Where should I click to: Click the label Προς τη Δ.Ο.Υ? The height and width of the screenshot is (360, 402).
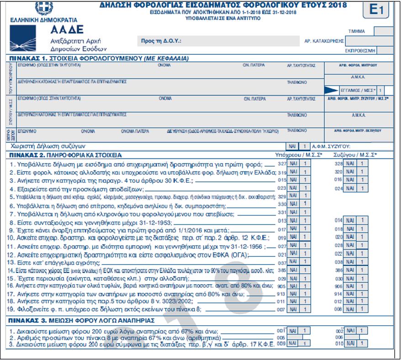162,41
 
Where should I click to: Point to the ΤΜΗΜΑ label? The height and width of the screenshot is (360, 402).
356,31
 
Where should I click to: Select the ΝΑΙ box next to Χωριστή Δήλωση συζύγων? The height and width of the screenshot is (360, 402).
292,147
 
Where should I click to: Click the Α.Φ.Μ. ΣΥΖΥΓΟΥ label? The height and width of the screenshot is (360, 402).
330,147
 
